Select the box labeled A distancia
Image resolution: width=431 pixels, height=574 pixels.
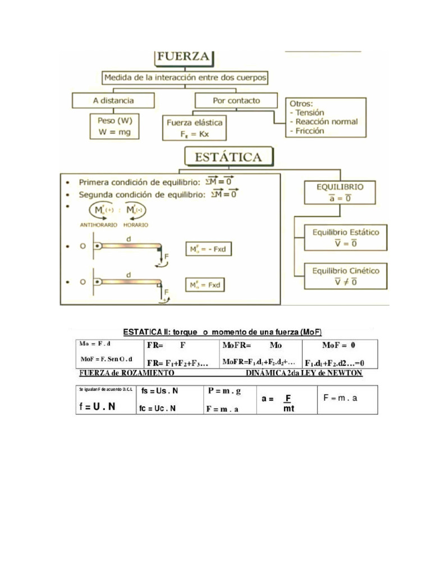113,101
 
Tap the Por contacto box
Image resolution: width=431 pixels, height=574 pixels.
236,101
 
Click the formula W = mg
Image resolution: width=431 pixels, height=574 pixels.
114,132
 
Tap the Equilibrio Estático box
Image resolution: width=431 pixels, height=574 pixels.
345,237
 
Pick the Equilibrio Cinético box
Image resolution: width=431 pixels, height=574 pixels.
345,276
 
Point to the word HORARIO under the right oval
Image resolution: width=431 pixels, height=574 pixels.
136,225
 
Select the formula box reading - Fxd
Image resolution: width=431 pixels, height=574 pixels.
208,249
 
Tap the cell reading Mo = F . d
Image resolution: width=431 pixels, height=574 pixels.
95,344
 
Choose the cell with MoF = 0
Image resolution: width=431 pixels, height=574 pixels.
339,345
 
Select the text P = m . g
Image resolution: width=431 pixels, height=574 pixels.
223,391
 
